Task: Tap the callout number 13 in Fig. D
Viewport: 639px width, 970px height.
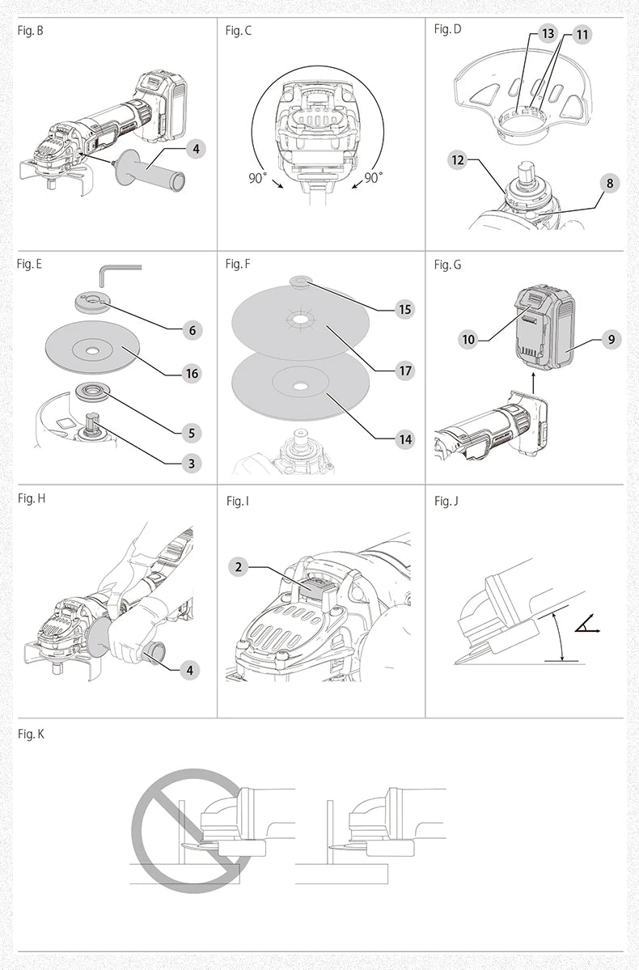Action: point(548,34)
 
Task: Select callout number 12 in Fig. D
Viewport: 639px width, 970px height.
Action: point(459,160)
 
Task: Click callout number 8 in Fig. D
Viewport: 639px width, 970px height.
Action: point(610,184)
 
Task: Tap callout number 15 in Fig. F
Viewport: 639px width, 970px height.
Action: point(404,309)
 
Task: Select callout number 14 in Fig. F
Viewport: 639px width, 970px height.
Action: point(404,439)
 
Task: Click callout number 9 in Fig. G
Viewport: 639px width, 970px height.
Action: point(611,339)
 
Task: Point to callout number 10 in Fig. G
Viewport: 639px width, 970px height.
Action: point(468,339)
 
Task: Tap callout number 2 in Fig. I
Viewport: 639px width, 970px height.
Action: point(239,566)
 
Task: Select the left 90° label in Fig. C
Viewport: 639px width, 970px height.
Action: point(257,178)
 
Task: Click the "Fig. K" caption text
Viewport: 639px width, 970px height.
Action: point(31,733)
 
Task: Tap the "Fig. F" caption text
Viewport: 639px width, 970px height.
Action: point(239,265)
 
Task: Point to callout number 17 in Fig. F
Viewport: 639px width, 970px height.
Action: point(404,371)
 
